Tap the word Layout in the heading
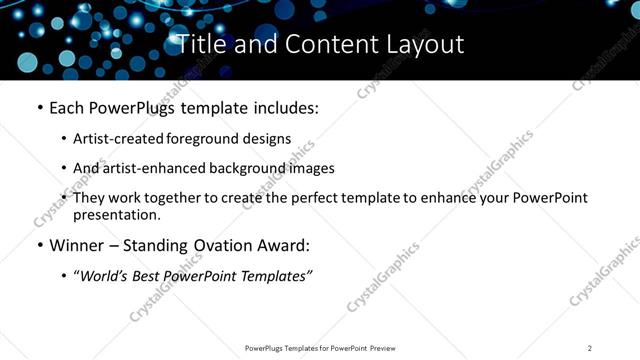[x=424, y=45]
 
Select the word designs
[x=269, y=139]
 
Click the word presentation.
[x=116, y=215]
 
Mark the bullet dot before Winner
[x=39, y=245]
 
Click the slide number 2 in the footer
[x=590, y=348]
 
